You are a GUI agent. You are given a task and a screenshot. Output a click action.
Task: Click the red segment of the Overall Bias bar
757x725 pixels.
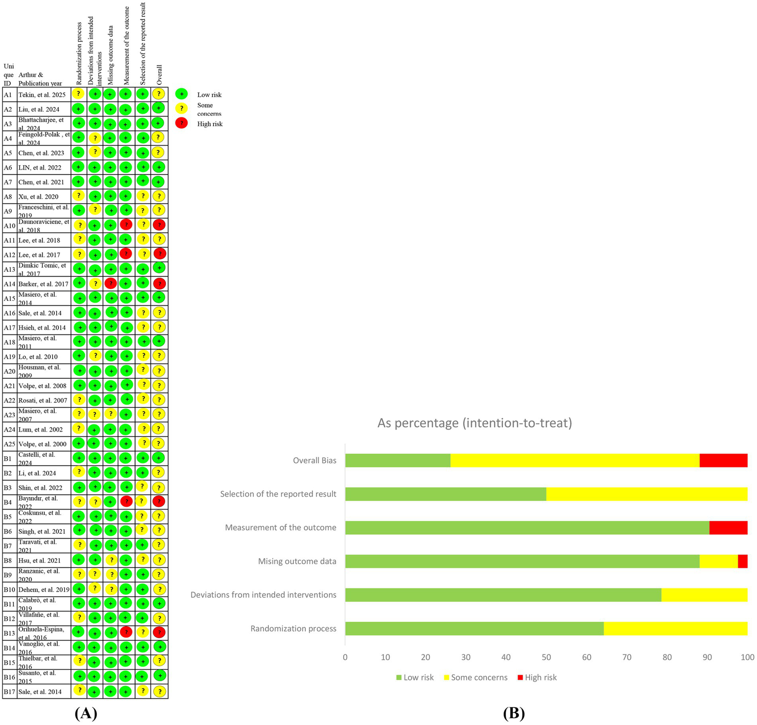pyautogui.click(x=723, y=460)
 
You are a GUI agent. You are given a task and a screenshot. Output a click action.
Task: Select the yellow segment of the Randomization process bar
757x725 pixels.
pyautogui.click(x=675, y=628)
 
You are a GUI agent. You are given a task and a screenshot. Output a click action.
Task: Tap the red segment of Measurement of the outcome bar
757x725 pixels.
pyautogui.click(x=728, y=527)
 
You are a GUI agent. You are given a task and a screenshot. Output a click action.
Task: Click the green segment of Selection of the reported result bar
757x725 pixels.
pyautogui.click(x=445, y=494)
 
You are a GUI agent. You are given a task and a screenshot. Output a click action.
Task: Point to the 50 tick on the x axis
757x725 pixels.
pyautogui.click(x=546, y=657)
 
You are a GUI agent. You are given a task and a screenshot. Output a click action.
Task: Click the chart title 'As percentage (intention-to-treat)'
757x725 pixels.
pyautogui.click(x=474, y=423)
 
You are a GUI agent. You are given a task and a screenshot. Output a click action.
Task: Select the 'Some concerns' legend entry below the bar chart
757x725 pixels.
pyautogui.click(x=475, y=677)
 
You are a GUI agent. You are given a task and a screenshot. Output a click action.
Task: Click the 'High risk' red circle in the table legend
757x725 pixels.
pyautogui.click(x=181, y=123)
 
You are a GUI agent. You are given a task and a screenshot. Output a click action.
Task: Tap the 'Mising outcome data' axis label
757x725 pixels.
pyautogui.click(x=297, y=561)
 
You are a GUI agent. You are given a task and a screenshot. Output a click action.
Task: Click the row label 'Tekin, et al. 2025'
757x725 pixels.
pyautogui.click(x=42, y=95)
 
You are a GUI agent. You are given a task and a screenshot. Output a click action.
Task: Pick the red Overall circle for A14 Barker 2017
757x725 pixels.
pyautogui.click(x=159, y=284)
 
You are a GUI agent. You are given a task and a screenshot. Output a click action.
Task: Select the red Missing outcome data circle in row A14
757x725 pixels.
pyautogui.click(x=110, y=284)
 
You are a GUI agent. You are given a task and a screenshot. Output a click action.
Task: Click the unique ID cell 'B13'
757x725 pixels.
pyautogui.click(x=9, y=633)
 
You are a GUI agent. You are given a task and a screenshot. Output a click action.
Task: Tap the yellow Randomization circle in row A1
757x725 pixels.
pyautogui.click(x=78, y=94)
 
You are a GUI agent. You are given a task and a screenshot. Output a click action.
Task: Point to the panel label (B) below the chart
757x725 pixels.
pyautogui.click(x=513, y=713)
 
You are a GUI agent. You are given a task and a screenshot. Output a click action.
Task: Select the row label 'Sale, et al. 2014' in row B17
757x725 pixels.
pyautogui.click(x=40, y=691)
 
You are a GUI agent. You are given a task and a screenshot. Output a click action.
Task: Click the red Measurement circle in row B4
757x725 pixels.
pyautogui.click(x=126, y=502)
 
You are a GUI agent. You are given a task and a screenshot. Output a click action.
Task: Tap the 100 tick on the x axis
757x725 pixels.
pyautogui.click(x=747, y=657)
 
